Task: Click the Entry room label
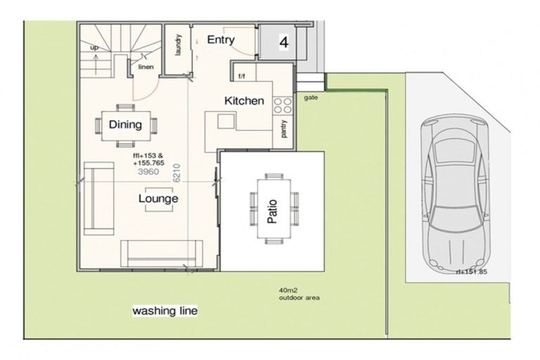pos(220,40)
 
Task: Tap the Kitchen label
pos(244,101)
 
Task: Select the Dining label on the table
pos(125,125)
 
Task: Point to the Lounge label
pos(158,199)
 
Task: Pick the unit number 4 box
pos(283,42)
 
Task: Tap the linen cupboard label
pos(146,67)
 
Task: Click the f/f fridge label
pos(242,75)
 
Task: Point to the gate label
pos(311,98)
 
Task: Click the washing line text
pos(165,310)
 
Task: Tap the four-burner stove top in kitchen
pos(283,106)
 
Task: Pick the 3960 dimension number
pos(146,171)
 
